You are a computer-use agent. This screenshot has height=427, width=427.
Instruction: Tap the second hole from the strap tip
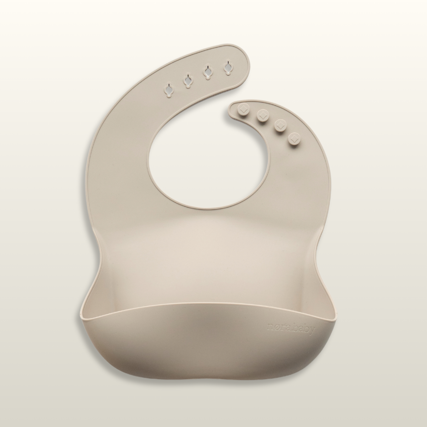point(207,72)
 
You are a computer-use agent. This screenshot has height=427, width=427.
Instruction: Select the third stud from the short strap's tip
point(280,125)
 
